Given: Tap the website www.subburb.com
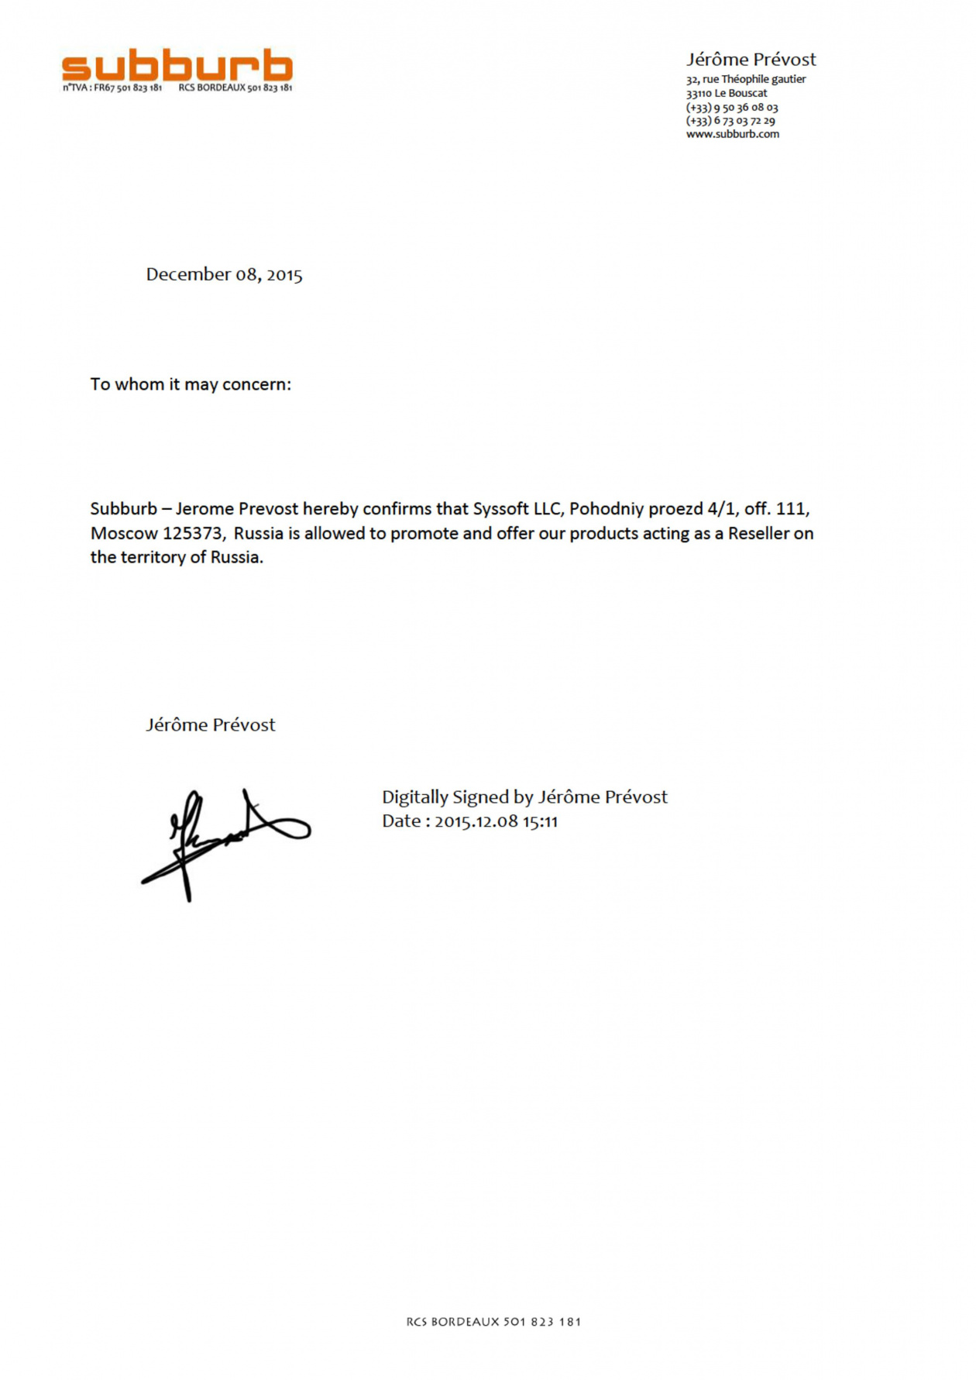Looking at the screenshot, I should pyautogui.click(x=732, y=134).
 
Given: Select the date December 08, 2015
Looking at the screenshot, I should pyautogui.click(x=224, y=274).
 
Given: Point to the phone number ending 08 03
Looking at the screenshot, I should pyautogui.click(x=731, y=108).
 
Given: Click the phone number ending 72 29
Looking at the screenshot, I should pyautogui.click(x=730, y=121).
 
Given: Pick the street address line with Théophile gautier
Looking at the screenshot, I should pyautogui.click(x=745, y=79).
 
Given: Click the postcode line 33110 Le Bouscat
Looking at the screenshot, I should pyautogui.click(x=726, y=93).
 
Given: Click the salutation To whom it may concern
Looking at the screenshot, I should pyautogui.click(x=191, y=384).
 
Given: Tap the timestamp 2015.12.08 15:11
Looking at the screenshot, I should pyautogui.click(x=496, y=821).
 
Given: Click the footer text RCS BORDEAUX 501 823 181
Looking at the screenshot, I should pyautogui.click(x=493, y=1322).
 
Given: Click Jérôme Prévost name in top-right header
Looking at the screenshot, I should pyautogui.click(x=751, y=60).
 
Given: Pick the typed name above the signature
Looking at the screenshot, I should pyautogui.click(x=210, y=725).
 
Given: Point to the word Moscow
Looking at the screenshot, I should pyautogui.click(x=124, y=533).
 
